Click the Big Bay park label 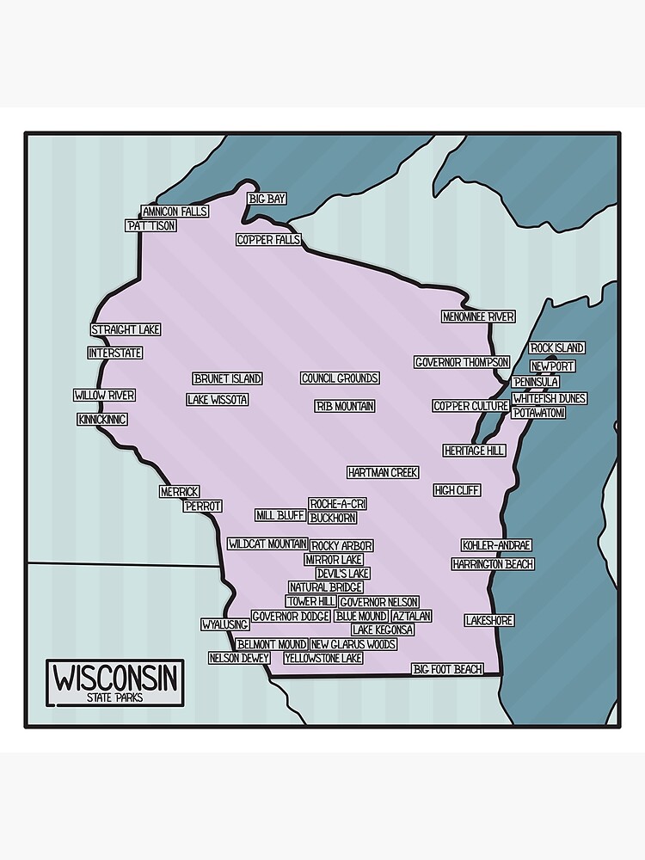click(x=267, y=199)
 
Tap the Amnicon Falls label click(x=175, y=212)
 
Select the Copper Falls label click(x=268, y=240)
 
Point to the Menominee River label click(x=478, y=316)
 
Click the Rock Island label click(x=556, y=347)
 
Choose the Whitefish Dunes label click(x=549, y=398)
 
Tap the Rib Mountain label click(x=345, y=406)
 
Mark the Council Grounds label click(x=340, y=378)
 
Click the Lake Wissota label click(x=218, y=400)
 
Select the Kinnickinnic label click(x=102, y=420)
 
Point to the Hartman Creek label click(x=383, y=472)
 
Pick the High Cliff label click(x=457, y=490)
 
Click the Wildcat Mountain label click(x=267, y=544)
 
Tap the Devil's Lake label click(x=342, y=573)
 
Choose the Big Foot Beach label click(x=447, y=669)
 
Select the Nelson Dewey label click(x=239, y=658)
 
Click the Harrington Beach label click(x=493, y=564)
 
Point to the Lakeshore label click(x=489, y=620)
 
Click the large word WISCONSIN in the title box click(x=116, y=678)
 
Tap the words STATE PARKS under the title click(x=114, y=697)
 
